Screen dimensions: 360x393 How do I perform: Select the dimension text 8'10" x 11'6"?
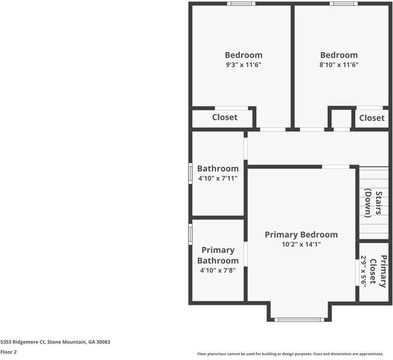tap(338, 65)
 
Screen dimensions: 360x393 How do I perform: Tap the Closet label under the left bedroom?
tap(224, 117)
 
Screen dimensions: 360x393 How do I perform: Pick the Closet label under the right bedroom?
tap(371, 118)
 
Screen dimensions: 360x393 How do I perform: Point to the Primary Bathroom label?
tap(218, 255)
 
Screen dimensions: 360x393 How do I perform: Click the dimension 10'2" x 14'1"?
tap(301, 244)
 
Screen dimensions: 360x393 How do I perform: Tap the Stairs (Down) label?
tap(374, 203)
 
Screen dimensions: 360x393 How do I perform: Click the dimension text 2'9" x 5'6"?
tap(364, 271)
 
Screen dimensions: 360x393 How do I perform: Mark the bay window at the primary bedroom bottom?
tap(299, 319)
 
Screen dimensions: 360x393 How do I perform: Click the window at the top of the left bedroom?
tap(241, 4)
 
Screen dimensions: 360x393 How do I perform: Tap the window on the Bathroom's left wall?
tap(190, 173)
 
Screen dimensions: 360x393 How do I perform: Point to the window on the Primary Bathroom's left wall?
tap(190, 234)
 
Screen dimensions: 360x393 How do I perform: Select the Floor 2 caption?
tap(9, 353)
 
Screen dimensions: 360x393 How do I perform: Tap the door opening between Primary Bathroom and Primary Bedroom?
tap(245, 253)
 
